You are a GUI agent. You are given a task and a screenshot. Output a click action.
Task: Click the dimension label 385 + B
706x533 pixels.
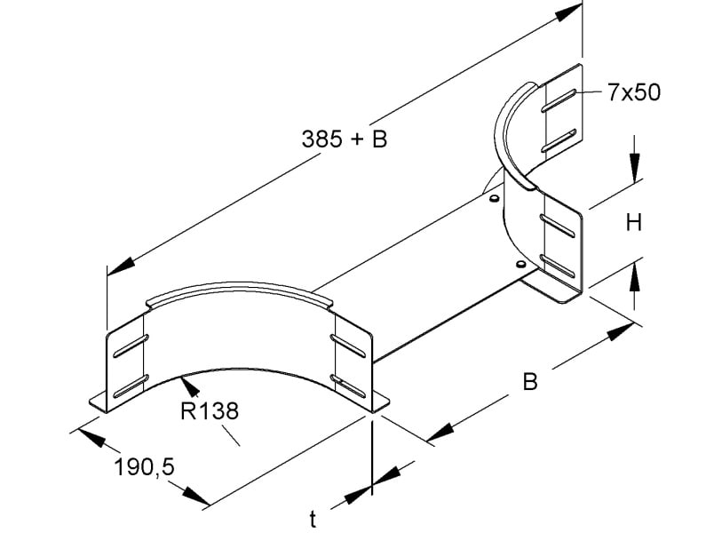pyautogui.click(x=345, y=139)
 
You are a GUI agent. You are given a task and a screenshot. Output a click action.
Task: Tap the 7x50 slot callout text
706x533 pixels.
pyautogui.click(x=634, y=92)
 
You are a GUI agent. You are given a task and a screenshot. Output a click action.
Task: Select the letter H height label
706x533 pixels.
pyautogui.click(x=634, y=223)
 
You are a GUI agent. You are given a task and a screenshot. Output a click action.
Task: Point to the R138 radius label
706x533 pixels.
pyautogui.click(x=210, y=411)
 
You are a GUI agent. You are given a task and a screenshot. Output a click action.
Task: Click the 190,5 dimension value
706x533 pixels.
pyautogui.click(x=144, y=467)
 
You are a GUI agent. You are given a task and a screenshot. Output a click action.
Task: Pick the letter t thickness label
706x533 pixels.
pyautogui.click(x=313, y=519)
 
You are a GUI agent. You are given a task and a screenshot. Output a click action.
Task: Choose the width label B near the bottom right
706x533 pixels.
pyautogui.click(x=530, y=382)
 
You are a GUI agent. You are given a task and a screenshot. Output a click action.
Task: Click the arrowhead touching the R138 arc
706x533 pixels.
pyautogui.click(x=189, y=386)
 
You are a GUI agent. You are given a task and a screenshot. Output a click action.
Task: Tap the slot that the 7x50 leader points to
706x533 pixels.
pyautogui.click(x=559, y=100)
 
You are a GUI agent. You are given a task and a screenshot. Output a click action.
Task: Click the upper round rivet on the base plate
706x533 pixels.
pyautogui.click(x=494, y=198)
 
